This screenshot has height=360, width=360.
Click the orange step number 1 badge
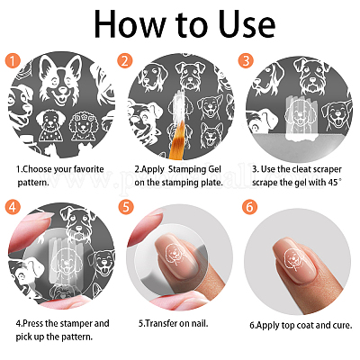(x=13, y=60)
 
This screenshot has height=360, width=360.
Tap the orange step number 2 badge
(x=124, y=60)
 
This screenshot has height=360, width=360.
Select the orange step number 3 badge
(x=246, y=60)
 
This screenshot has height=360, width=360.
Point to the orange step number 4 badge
(x=13, y=207)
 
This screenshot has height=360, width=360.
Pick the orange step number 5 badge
(x=126, y=207)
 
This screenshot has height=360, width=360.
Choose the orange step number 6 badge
(x=249, y=207)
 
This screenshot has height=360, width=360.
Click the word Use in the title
(x=247, y=24)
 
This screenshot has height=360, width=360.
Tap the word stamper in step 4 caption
(x=76, y=324)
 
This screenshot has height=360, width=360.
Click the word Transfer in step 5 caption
(x=161, y=324)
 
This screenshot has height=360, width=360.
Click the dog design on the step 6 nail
(x=292, y=257)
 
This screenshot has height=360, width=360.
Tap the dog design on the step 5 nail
(x=175, y=254)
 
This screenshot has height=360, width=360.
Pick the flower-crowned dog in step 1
(x=82, y=126)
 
